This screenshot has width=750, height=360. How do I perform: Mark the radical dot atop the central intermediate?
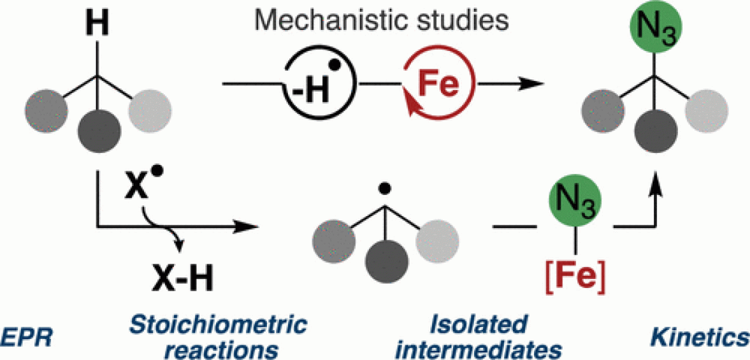tap(384, 189)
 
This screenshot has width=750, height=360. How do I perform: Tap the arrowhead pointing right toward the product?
tap(534, 83)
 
